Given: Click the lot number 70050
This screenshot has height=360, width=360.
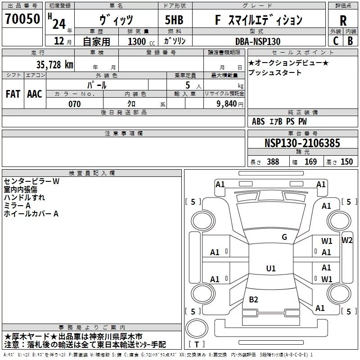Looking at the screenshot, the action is click(x=22, y=19).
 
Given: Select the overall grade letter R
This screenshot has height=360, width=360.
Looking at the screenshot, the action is click(x=343, y=21).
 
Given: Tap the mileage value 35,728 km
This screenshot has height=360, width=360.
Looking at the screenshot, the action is click(x=54, y=65).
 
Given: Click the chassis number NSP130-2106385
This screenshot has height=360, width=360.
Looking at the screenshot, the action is click(x=302, y=143).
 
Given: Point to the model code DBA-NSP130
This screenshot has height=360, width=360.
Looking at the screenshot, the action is click(x=257, y=41).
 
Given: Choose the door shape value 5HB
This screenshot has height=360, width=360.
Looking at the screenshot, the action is click(x=174, y=20).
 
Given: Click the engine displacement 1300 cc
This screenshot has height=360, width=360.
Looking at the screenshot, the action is click(x=141, y=41).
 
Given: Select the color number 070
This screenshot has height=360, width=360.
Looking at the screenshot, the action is click(x=74, y=104).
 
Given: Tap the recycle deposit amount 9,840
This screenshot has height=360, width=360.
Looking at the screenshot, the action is click(x=227, y=104).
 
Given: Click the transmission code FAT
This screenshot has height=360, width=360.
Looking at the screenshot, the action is click(x=13, y=94).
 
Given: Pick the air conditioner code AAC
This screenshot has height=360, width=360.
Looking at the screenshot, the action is click(x=35, y=94).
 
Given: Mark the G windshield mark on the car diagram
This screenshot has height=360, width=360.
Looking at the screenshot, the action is click(x=284, y=237).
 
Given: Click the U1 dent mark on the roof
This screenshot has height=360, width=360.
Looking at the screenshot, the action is click(x=271, y=268).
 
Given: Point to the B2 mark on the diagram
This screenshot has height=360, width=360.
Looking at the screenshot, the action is click(x=253, y=299).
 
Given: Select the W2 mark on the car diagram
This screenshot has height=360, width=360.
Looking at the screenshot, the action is click(x=346, y=240).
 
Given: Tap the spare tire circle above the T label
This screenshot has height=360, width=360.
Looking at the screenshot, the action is click(x=197, y=328).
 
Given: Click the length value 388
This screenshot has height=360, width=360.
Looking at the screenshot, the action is click(x=273, y=162).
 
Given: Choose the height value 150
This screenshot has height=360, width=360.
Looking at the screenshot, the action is click(x=346, y=162).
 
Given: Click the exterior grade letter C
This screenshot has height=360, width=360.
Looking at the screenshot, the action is click(x=336, y=41).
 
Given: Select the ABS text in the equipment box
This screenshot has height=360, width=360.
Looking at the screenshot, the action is click(x=258, y=121).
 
